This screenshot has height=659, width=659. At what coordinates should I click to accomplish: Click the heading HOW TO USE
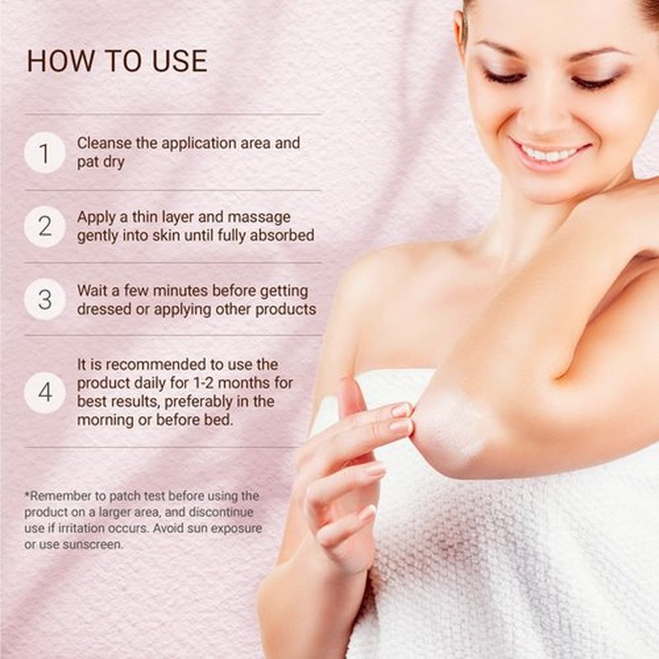click(117, 61)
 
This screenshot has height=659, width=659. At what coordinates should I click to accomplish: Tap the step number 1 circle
click(44, 152)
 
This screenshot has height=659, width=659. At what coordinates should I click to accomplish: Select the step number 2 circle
click(44, 226)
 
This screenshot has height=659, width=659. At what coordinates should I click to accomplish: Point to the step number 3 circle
click(44, 299)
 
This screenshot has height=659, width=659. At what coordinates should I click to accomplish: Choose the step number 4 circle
click(44, 393)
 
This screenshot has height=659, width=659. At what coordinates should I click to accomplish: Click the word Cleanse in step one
click(105, 143)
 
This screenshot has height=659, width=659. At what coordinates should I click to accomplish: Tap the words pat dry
click(100, 162)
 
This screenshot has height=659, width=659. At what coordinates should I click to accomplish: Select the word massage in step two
click(259, 217)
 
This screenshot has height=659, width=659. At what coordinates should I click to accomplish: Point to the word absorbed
click(282, 236)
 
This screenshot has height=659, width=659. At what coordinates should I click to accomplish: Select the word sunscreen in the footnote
click(93, 544)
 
